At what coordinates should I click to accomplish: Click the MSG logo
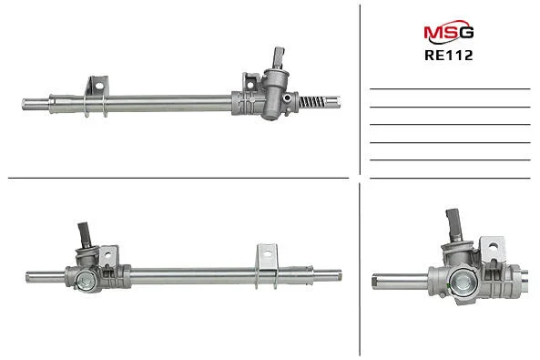[x=449, y=33]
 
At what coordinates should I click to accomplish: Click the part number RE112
[x=449, y=56]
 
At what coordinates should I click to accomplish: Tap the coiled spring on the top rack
[x=311, y=102]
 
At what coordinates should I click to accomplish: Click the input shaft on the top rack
[x=279, y=57]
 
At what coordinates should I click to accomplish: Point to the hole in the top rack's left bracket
[x=99, y=86]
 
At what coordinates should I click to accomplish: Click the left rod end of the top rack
[x=36, y=104]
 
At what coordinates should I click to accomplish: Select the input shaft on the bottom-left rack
[x=85, y=235]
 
